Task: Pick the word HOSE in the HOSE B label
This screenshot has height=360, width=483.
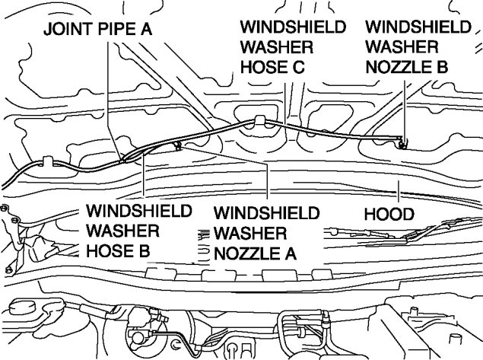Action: click(x=111, y=248)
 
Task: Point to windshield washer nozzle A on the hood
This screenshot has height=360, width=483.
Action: click(x=177, y=145)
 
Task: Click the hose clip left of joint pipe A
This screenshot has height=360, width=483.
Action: click(x=46, y=161)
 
